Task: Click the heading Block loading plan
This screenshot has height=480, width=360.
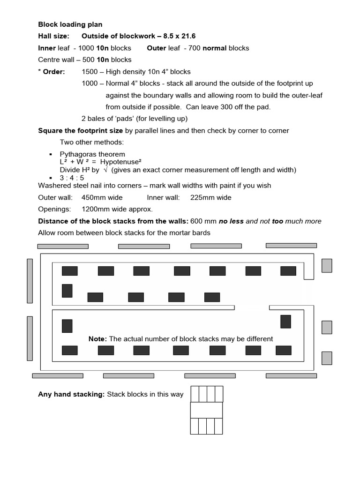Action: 70,24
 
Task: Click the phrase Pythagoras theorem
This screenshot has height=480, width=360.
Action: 92,154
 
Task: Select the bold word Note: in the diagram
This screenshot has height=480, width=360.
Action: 97,338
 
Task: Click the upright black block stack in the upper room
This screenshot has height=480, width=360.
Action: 67,291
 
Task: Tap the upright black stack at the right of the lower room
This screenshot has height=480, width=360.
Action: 285,322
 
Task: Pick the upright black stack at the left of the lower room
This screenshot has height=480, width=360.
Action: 67,326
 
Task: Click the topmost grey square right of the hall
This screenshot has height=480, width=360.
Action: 327,266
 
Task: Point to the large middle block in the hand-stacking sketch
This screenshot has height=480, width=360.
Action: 206,410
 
